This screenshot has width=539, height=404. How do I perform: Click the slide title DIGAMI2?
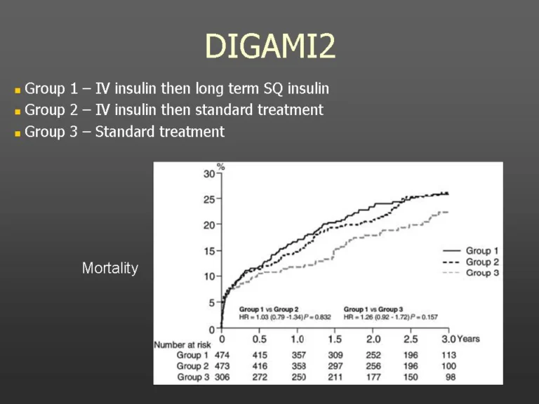coord(270,46)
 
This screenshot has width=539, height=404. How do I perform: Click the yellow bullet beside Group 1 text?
coord(17,90)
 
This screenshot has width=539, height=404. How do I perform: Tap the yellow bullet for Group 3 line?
coord(17,133)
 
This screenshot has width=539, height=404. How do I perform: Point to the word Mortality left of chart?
coord(110,268)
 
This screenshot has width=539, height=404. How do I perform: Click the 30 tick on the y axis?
coord(209,174)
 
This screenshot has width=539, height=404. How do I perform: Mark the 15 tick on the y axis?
coord(209,251)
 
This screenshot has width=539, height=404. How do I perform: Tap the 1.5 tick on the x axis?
coord(335,339)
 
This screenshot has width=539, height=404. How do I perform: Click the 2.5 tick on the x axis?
coord(411,339)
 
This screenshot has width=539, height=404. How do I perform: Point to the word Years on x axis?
coord(468,339)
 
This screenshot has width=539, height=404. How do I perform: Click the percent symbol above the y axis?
coord(220,167)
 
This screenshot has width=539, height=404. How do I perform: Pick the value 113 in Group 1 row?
coord(448,355)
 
